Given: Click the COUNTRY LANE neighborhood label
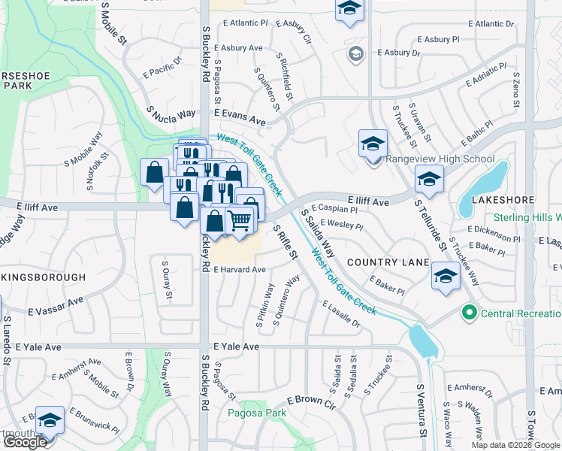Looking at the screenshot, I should pos(388,263).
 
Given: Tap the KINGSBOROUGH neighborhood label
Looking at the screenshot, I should pos(44,277).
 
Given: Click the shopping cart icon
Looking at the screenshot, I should pos(239,219).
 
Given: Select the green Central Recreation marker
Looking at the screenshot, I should pos(470,312).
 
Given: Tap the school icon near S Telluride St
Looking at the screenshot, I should pos(429,179).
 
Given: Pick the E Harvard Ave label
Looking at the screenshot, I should pos(240,270).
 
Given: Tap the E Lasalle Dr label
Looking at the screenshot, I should pos(342,314).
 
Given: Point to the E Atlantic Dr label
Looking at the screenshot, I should pos(489,24).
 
